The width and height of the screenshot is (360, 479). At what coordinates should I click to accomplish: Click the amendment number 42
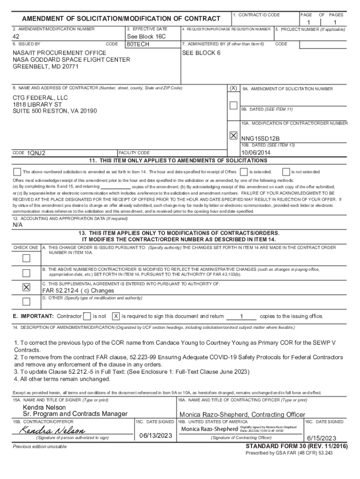click(x=16, y=36)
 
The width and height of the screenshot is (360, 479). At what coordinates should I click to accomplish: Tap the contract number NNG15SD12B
click(x=260, y=138)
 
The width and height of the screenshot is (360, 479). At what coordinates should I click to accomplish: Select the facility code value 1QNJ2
click(x=36, y=153)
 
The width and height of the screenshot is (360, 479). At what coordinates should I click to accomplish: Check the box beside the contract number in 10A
click(x=233, y=136)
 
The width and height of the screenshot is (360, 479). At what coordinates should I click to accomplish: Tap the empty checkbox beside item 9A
click(x=233, y=105)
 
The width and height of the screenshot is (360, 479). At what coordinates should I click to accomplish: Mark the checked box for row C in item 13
click(x=26, y=287)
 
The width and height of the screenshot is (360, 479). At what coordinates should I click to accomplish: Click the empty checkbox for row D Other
click(x=26, y=301)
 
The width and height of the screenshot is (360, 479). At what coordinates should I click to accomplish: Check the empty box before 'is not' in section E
click(x=86, y=316)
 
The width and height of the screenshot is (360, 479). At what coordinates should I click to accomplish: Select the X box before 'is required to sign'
click(x=116, y=316)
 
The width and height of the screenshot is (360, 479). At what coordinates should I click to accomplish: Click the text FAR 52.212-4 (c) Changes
click(x=79, y=290)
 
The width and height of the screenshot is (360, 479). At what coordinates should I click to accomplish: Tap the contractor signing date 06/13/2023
click(x=155, y=435)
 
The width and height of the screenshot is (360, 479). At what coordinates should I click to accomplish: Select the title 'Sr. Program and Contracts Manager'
click(x=75, y=414)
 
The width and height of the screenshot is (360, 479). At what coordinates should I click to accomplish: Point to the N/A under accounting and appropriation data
click(x=17, y=225)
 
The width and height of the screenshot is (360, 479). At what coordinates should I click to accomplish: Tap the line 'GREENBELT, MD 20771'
click(x=45, y=67)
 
